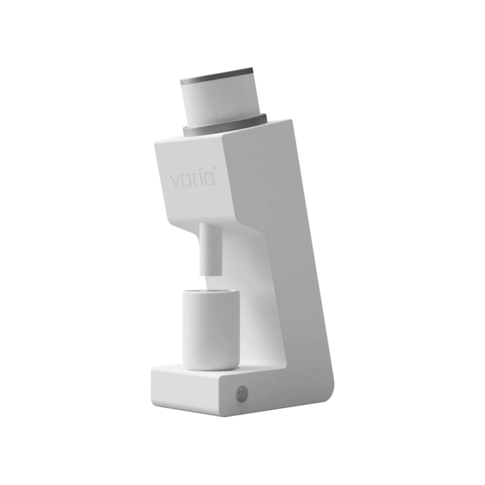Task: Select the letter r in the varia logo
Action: click(x=194, y=179)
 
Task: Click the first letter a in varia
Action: click(x=186, y=180)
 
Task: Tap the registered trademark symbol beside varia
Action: click(x=215, y=168)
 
